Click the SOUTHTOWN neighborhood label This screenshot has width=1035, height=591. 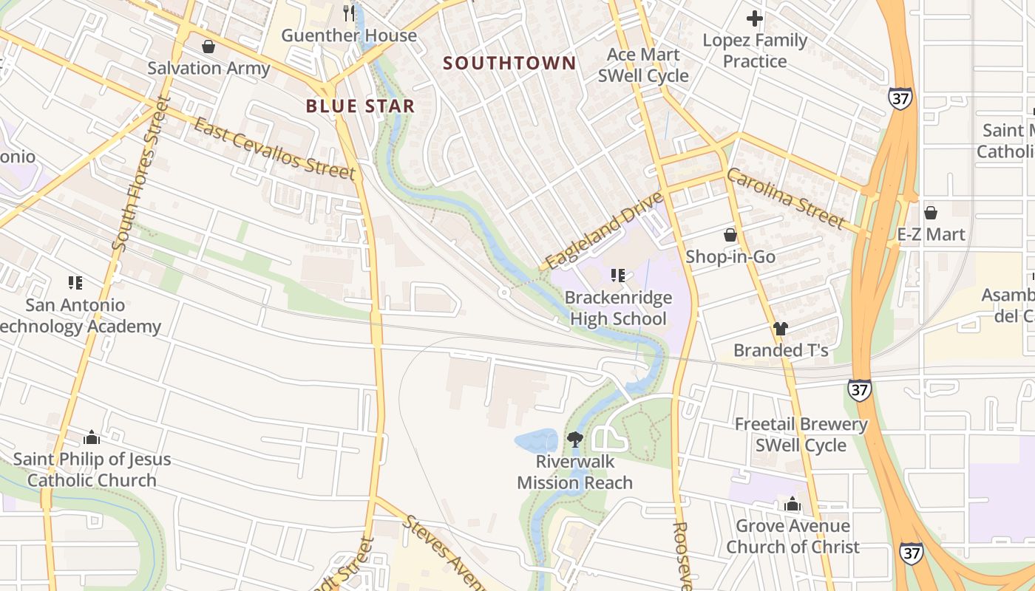pos(509,63)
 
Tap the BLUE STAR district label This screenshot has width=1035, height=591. pos(360,106)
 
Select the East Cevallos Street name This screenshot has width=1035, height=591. pos(274,148)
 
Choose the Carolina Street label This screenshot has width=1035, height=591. pos(785,199)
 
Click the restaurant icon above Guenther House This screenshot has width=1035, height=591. pos(349,13)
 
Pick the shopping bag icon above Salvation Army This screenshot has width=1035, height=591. pos(208,47)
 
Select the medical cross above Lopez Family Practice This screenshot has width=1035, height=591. pos(754,18)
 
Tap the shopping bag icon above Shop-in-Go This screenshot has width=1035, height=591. pos(730,235)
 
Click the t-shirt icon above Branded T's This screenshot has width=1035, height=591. pos(780,329)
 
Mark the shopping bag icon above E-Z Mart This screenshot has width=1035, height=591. pos(930,213)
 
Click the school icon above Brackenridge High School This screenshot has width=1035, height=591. pos(617,276)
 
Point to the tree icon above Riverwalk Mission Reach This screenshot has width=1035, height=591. pos(574,440)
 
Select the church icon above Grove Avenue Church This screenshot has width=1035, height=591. pos(792,505)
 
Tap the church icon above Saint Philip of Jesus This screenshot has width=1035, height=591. pos(91,437)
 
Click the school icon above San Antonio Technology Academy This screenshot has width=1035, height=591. pos(75,283)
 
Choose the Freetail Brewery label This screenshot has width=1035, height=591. pos(801,424)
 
